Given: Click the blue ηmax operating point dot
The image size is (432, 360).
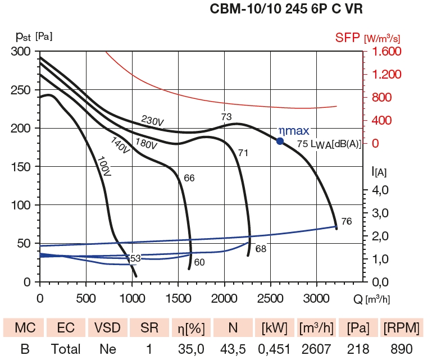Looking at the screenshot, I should click(x=280, y=140).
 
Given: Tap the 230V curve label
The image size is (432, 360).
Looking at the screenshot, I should click(x=152, y=121).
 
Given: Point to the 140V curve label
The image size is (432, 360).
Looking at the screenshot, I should click(x=120, y=145).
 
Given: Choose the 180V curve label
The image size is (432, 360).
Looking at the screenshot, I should click(x=145, y=143).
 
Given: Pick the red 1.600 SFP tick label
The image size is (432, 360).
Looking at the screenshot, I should click(x=384, y=52).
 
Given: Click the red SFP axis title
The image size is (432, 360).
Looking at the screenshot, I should click(x=348, y=38).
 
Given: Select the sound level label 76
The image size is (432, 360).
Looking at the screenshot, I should click(x=346, y=221).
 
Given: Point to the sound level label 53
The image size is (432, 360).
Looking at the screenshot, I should click(x=135, y=258).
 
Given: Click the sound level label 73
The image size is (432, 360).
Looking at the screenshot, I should click(x=226, y=117).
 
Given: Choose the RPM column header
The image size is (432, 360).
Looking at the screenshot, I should click(x=399, y=327).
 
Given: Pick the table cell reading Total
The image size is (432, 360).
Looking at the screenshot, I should click(x=66, y=349).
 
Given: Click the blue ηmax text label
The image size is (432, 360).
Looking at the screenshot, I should click(x=294, y=131).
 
